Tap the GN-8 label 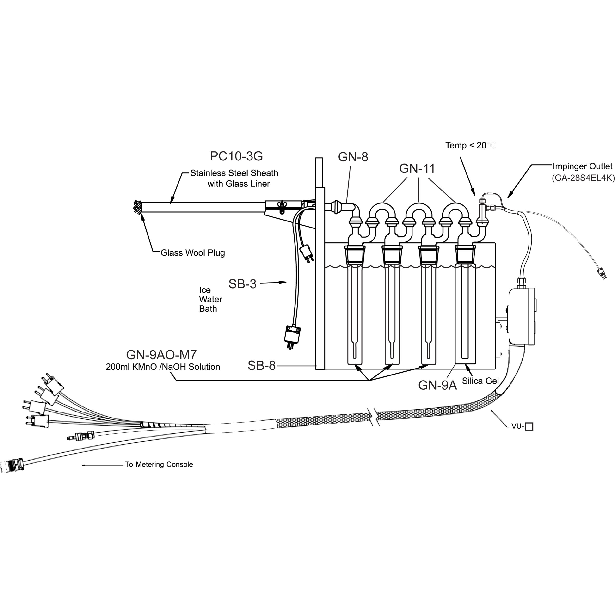[353, 157]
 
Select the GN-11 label [417, 168]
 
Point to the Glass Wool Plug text [193, 253]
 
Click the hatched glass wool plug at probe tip [137, 207]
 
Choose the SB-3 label [242, 284]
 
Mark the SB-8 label [261, 366]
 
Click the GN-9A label [437, 385]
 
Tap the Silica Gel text [480, 381]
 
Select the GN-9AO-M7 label [161, 355]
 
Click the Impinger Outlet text [582, 166]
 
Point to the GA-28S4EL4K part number [583, 178]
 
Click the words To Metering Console [159, 464]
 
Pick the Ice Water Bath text [210, 299]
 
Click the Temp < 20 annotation [466, 146]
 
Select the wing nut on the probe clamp [281, 206]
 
